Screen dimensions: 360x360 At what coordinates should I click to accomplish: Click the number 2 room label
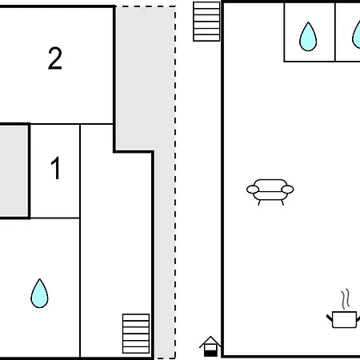point(55,58)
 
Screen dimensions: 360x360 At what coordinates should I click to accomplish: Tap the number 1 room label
point(55,168)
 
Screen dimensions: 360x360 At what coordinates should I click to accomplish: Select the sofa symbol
point(270,191)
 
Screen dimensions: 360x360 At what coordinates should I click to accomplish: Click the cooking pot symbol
point(344,309)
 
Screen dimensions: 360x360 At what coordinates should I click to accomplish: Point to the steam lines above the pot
point(346,299)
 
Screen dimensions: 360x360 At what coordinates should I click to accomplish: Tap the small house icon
point(210,346)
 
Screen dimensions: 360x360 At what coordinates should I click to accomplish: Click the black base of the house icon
point(210,354)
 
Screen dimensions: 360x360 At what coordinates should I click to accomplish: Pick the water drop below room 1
point(39,294)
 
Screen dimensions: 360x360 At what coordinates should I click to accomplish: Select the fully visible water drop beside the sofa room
point(308,37)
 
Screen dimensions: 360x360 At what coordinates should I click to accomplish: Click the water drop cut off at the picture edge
point(357,34)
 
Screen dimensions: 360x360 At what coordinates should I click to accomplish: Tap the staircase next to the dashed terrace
point(136,334)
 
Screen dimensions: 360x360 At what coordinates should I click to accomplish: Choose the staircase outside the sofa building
point(206,22)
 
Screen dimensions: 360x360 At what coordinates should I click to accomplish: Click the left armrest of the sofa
point(253,190)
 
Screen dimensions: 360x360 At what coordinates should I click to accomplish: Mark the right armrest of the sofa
point(287,190)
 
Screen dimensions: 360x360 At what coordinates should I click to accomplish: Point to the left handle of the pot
point(330,318)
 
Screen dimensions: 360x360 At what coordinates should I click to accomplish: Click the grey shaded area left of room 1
point(14,171)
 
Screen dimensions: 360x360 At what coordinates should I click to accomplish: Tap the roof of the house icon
point(210,342)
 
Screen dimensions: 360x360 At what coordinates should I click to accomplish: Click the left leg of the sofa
point(259,202)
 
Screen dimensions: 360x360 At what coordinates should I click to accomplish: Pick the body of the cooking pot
point(345,319)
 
